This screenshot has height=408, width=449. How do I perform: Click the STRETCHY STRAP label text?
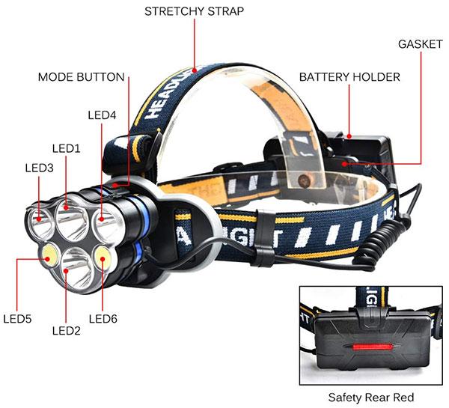(194, 11)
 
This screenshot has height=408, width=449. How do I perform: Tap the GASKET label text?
(420, 44)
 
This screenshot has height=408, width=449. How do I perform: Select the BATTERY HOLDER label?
(349, 77)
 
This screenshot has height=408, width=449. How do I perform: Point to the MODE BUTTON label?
(82, 77)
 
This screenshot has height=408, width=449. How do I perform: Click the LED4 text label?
(102, 115)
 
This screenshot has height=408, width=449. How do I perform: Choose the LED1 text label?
(67, 148)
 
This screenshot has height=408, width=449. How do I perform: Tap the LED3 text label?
(39, 168)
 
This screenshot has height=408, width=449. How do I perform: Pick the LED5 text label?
(17, 319)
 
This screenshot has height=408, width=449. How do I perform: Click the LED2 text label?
(67, 331)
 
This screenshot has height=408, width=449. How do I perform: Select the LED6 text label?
(103, 319)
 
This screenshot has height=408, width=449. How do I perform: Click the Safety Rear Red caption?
(371, 398)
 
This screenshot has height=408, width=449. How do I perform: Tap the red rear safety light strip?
(371, 347)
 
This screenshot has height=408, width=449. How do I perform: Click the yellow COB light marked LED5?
(50, 255)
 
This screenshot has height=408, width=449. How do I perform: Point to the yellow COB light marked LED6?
(102, 257)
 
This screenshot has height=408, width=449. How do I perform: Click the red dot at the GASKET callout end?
(345, 164)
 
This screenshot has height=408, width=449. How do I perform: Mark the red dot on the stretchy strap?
(195, 70)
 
